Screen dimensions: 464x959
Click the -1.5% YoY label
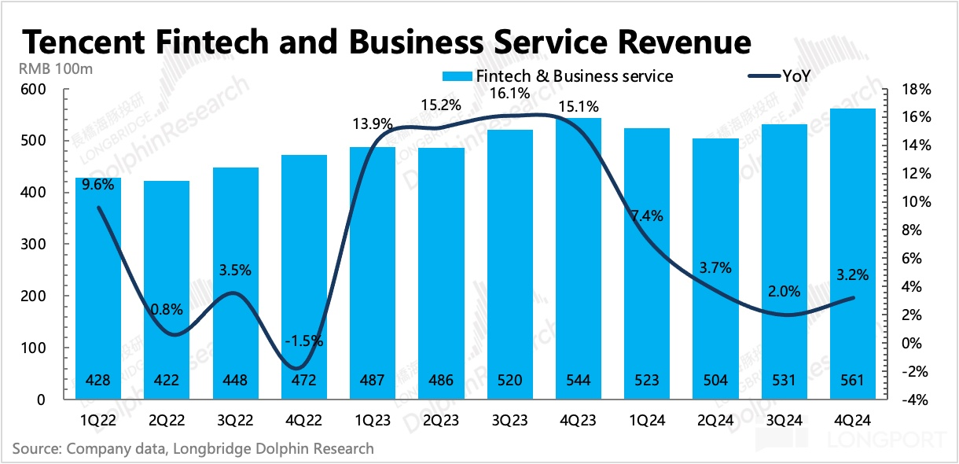click(304, 341)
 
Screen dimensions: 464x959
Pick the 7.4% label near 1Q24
click(648, 215)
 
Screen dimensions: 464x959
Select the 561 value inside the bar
click(851, 381)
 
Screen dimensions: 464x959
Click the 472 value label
click(304, 381)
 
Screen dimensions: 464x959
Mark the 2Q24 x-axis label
click(715, 421)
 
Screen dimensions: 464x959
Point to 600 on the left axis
click(37, 90)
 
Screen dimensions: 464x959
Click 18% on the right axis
click(917, 90)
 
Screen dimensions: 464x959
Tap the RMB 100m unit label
click(56, 68)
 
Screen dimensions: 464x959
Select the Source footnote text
click(193, 449)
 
